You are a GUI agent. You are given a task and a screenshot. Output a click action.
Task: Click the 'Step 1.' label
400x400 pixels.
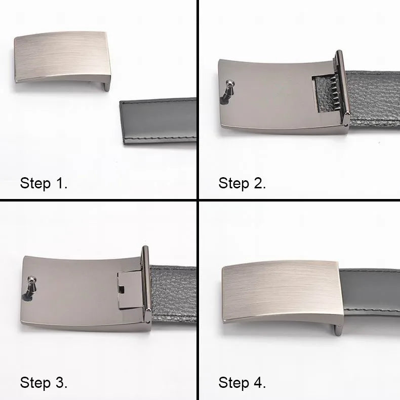click(44, 183)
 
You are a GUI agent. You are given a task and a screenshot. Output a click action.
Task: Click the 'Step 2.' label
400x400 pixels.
click(242, 183)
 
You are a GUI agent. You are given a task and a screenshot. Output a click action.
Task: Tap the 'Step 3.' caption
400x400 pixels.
click(44, 382)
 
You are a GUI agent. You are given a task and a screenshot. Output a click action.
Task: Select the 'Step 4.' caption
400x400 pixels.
click(242, 382)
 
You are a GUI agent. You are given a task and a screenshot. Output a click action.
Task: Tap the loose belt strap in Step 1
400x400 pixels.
click(159, 122)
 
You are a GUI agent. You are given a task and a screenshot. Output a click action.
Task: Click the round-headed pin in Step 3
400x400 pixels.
click(32, 279)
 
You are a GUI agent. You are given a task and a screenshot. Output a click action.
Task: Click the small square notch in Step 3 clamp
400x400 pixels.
click(122, 289)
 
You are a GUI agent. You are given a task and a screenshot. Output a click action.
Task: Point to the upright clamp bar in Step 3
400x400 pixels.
click(146, 286)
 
